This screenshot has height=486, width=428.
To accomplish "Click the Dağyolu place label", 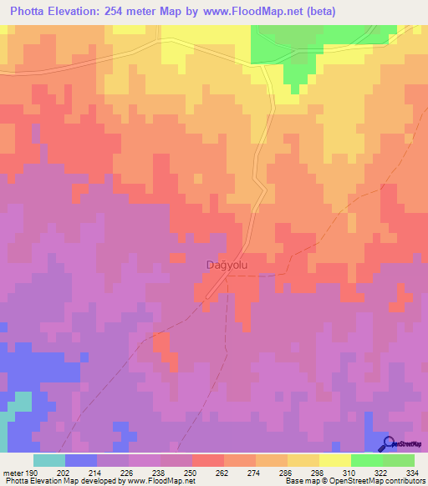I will (227, 265).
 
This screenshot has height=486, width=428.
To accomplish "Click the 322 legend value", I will (385, 472).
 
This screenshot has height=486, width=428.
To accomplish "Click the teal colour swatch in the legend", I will (49, 460).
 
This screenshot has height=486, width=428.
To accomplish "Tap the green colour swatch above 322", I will (367, 460).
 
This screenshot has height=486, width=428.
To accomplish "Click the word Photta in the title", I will (35, 13).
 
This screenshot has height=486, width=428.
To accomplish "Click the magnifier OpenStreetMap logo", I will (388, 443).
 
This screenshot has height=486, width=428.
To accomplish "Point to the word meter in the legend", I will (13, 472).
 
